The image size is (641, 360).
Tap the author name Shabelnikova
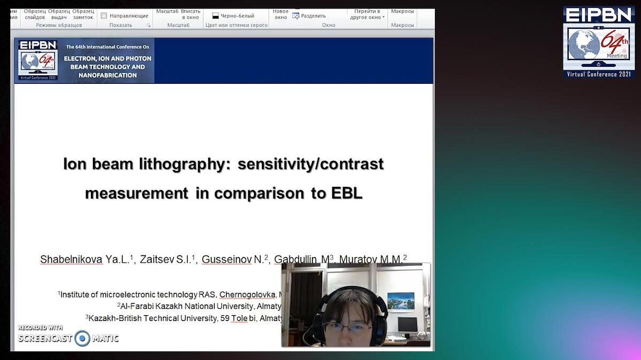pyautogui.click(x=71, y=260)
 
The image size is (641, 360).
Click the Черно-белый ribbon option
pyautogui.click(x=233, y=15)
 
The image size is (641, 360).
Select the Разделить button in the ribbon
pyautogui.click(x=312, y=15)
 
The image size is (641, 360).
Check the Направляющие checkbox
pyautogui.click(x=104, y=15)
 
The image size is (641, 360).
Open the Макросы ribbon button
pyautogui.click(x=402, y=11)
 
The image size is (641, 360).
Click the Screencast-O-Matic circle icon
pyautogui.click(x=82, y=338)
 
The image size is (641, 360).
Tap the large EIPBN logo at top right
pyautogui.click(x=598, y=42)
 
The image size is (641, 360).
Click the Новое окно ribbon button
pyautogui.click(x=280, y=14)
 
